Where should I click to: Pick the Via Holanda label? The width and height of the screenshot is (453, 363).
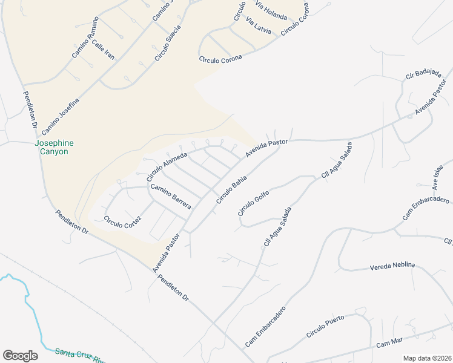click(x=270, y=11)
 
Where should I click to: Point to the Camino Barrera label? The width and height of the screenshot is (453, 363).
click(x=171, y=196)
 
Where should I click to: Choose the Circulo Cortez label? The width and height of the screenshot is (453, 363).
click(x=122, y=226)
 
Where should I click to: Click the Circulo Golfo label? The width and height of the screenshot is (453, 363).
click(x=253, y=200)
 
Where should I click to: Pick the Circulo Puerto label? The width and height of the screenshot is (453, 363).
click(x=325, y=326)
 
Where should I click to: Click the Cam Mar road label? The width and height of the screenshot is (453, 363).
click(x=389, y=342)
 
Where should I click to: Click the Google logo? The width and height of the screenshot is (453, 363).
click(x=20, y=355)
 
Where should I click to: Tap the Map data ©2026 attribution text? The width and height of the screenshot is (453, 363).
click(x=427, y=358)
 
